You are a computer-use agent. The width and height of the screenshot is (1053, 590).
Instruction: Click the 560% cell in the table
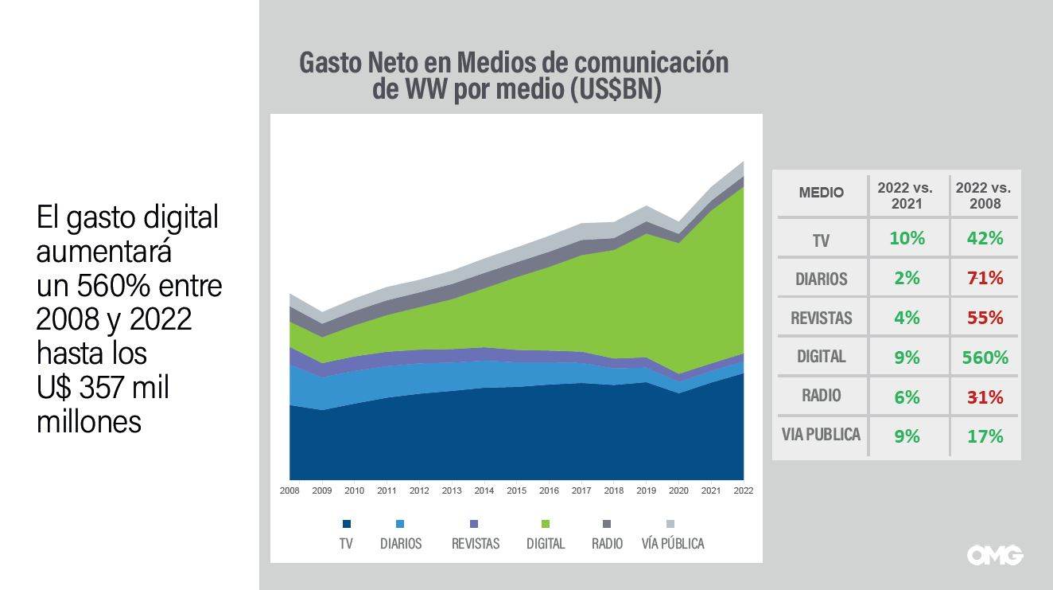pos(985,358)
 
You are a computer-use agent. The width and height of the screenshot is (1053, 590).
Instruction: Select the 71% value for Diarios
pos(985,279)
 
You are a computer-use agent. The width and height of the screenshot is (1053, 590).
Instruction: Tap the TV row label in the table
pos(821,240)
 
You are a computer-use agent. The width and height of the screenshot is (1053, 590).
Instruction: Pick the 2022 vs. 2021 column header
pos(906,195)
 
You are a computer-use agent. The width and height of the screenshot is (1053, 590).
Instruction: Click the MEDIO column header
pos(821,193)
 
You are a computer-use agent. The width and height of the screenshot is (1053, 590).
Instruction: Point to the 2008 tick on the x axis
pos(289,490)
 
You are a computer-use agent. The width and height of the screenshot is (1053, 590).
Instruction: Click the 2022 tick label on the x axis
pos(743,490)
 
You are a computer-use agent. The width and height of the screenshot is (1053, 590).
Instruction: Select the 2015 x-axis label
pos(516,490)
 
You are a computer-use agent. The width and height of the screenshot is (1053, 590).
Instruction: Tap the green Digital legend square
pos(546,524)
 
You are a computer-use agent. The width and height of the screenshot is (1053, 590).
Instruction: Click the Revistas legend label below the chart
pos(476,544)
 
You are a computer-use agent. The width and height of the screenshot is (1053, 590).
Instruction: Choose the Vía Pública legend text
pos(673,544)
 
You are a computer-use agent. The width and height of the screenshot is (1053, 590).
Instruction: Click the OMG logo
pos(994,555)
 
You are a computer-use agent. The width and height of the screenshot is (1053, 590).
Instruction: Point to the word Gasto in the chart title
pos(329,62)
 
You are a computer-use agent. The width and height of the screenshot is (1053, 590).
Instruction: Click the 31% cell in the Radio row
pos(985,397)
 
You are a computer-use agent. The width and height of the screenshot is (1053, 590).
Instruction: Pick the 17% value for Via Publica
pos(985,436)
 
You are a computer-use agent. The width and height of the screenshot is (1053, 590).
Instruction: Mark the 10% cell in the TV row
pos(907,239)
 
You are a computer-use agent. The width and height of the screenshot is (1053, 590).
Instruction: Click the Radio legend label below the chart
pos(606,544)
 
